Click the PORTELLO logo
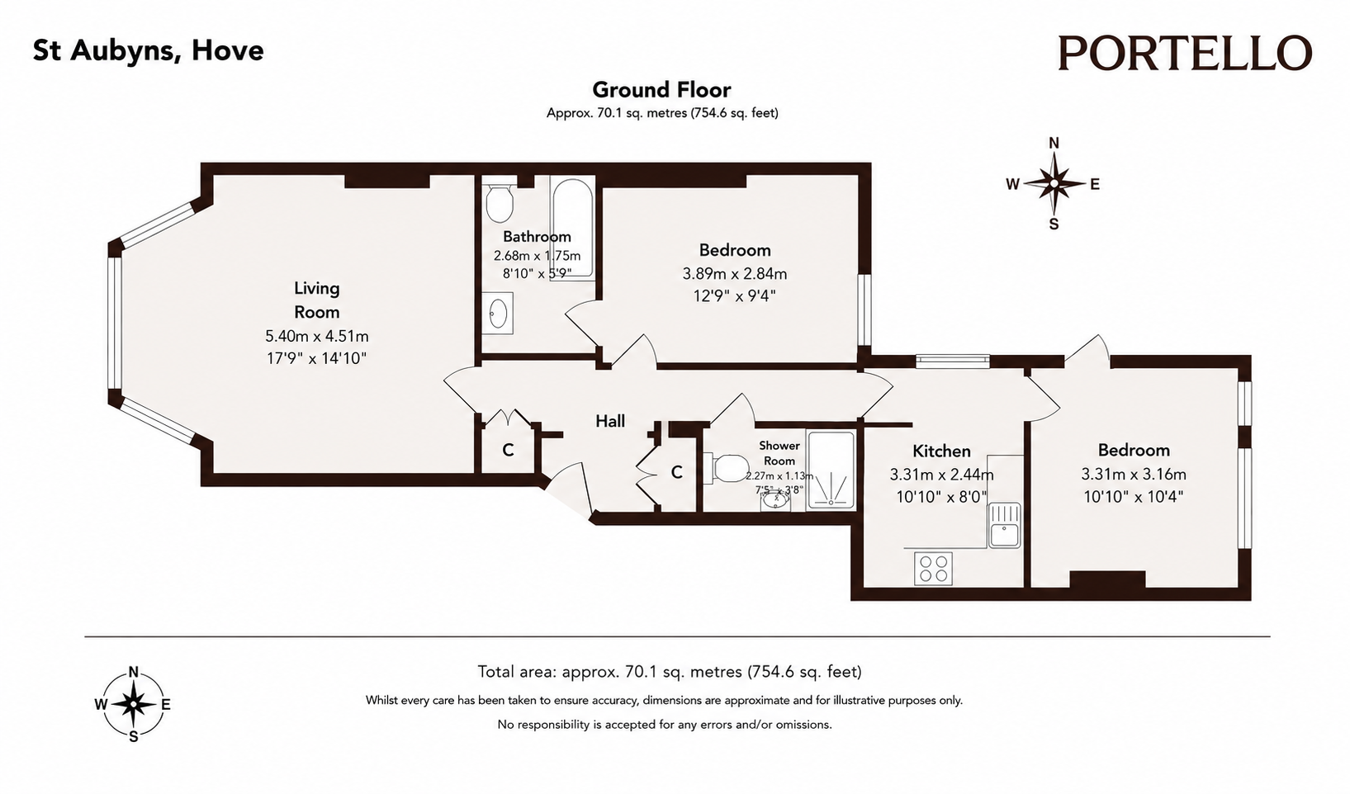(x=1185, y=53)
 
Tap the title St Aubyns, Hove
(x=149, y=50)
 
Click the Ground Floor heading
(x=661, y=90)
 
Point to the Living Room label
(x=317, y=300)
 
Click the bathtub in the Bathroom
(x=572, y=229)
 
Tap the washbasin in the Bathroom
(x=497, y=314)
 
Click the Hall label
(x=610, y=421)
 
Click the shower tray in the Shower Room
(x=831, y=470)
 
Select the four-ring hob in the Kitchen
(x=933, y=568)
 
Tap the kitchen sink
(x=1004, y=525)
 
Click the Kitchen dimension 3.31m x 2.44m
(x=941, y=475)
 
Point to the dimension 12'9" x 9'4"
(x=734, y=296)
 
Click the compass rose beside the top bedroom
(x=1054, y=183)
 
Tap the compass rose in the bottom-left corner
(x=133, y=704)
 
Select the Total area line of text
(x=669, y=671)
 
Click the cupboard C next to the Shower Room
(x=677, y=473)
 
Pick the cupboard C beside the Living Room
(x=508, y=450)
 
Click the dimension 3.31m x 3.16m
(x=1134, y=474)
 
